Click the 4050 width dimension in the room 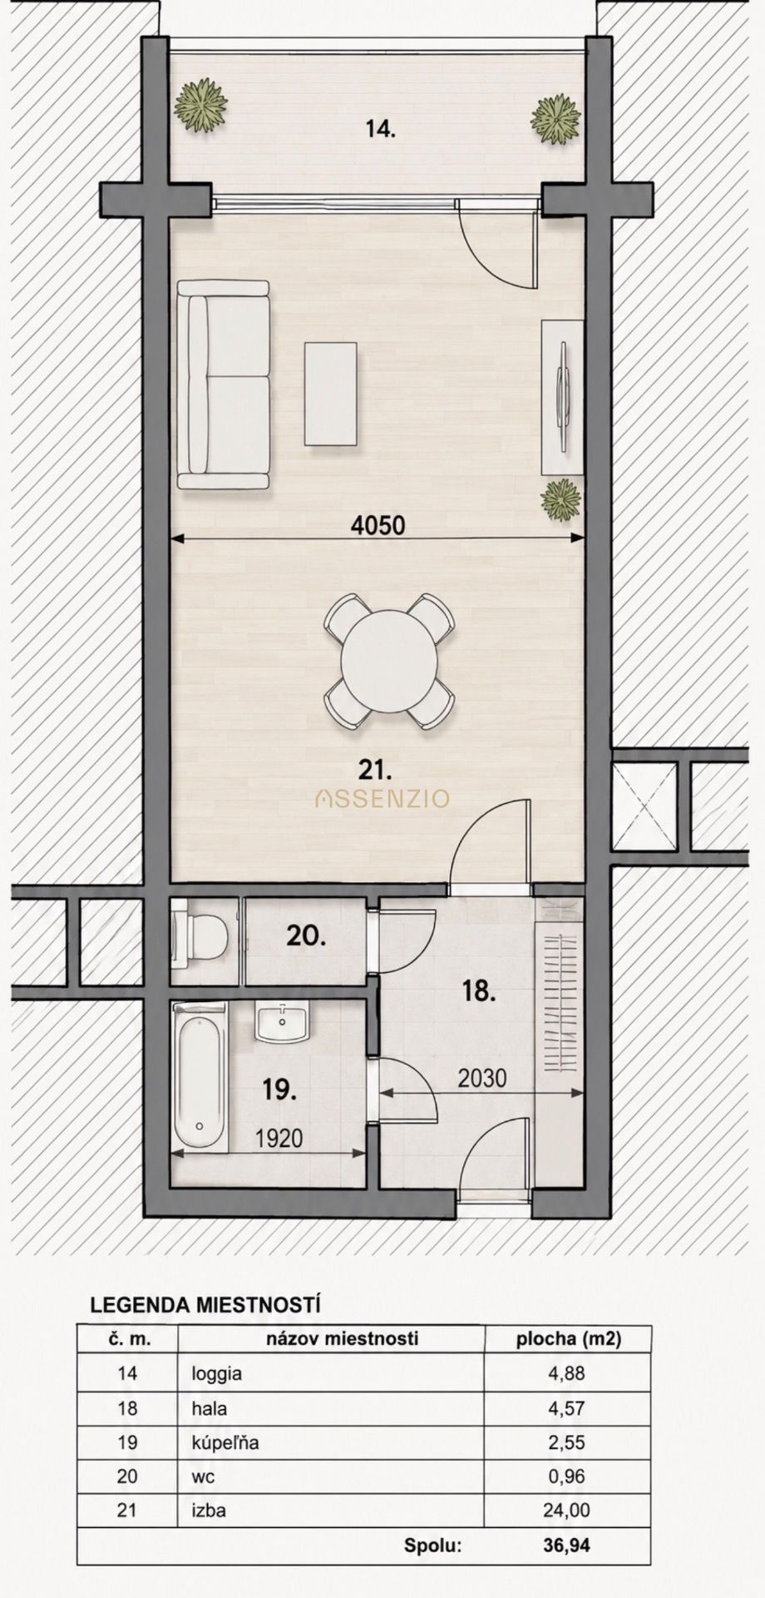click(x=378, y=525)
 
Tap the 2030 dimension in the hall click(x=482, y=1078)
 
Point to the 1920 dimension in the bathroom click(x=279, y=1138)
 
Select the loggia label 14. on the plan click(x=381, y=129)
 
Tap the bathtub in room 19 click(x=200, y=1077)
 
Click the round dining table click(x=389, y=662)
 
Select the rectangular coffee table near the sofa click(x=331, y=393)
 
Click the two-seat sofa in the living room click(x=224, y=385)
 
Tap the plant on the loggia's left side click(x=200, y=105)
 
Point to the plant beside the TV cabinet click(x=560, y=499)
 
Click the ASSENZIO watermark click(x=382, y=799)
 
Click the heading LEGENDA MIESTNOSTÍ click(x=205, y=1304)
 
